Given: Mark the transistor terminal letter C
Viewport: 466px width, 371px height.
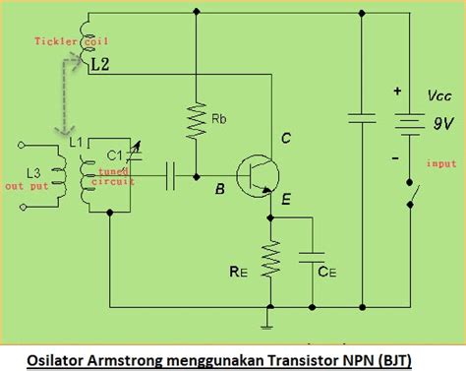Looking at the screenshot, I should click(x=286, y=139).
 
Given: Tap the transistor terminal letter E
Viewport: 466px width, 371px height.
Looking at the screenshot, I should click(x=285, y=202).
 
